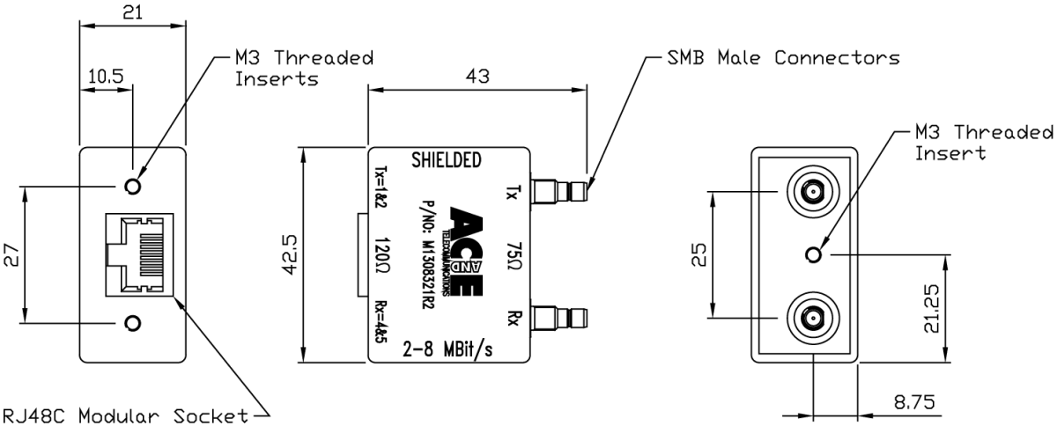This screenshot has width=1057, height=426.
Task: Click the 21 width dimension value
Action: (x=133, y=11)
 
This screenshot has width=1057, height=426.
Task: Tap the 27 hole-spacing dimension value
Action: (x=12, y=255)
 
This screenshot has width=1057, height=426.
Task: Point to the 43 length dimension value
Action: (x=477, y=77)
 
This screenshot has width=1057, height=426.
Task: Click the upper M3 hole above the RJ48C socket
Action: (x=133, y=187)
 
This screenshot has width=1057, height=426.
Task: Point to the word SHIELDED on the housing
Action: (x=447, y=160)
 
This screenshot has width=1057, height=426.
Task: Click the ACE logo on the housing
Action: (x=472, y=239)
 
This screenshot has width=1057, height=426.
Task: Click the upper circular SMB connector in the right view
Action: (x=810, y=191)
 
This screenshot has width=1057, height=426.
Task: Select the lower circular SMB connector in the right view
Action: (x=810, y=317)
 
